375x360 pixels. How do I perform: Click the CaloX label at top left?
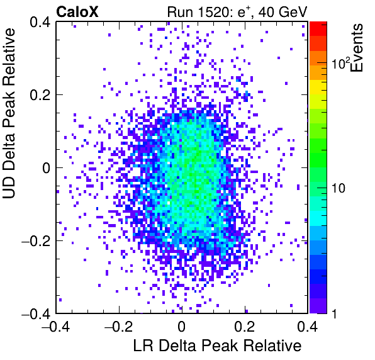click(x=77, y=12)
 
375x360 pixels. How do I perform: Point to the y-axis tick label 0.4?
click(x=40, y=22)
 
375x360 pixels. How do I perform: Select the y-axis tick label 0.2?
click(x=40, y=95)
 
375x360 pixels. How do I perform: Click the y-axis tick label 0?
click(x=47, y=168)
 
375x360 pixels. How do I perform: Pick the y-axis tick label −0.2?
click(x=36, y=241)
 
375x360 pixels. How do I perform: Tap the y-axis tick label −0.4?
click(x=36, y=314)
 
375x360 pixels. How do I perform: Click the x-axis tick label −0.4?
click(x=56, y=326)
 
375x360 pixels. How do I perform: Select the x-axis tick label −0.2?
click(x=119, y=326)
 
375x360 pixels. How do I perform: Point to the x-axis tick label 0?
click(x=182, y=326)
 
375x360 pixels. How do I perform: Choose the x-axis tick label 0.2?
click(x=245, y=326)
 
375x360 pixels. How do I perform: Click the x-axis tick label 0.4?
click(x=307, y=326)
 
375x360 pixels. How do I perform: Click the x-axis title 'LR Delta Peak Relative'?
click(x=217, y=346)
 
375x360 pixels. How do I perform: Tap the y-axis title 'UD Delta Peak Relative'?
click(x=9, y=113)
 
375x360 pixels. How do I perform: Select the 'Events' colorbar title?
click(x=357, y=48)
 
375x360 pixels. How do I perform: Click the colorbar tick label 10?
click(x=339, y=188)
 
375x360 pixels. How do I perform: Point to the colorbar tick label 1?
click(x=335, y=313)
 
